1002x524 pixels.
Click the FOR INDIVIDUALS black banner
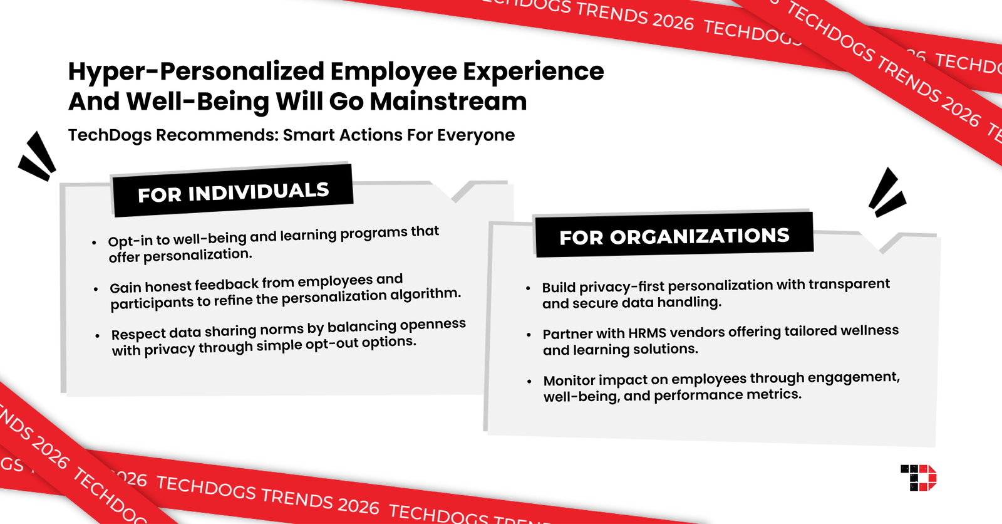pos(233,192)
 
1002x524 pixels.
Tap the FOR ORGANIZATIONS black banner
pos(674,236)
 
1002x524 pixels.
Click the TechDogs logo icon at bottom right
pos(919,478)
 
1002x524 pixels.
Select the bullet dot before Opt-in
pos(94,243)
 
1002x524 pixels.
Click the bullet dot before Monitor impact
pos(529,381)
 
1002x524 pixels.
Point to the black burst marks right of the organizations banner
pos(887,192)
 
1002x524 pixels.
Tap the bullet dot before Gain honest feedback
pos(96,289)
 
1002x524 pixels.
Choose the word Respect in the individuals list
pos(138,333)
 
